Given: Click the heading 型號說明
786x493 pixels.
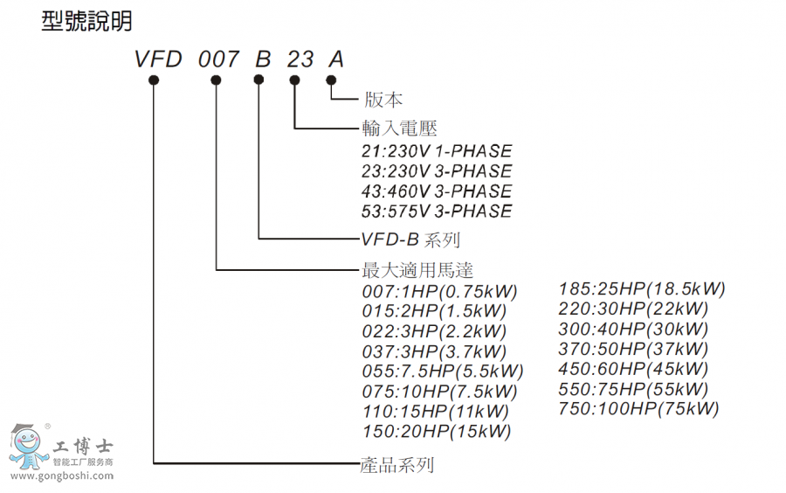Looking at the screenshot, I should coord(86,22).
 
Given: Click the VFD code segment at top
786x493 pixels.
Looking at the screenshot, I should coord(158,59).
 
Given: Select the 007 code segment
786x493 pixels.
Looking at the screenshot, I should coord(218,59).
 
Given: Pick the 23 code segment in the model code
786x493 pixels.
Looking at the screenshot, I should coord(300,59).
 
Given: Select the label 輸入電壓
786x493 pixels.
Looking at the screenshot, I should coord(399,128).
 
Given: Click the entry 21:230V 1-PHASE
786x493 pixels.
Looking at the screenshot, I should coord(437,151).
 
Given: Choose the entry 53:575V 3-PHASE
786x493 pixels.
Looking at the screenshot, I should coord(437,212).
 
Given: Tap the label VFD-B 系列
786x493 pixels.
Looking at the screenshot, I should coord(410,239).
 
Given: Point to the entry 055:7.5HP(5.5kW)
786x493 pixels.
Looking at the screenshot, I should coord(443,371).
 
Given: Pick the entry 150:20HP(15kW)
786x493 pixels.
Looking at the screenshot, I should coord(437,431).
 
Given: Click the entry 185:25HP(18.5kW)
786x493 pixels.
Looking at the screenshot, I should coord(642,288).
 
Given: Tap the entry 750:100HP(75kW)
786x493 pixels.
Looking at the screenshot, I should coord(638,408).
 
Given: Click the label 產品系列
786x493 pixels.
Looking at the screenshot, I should coord(397,464).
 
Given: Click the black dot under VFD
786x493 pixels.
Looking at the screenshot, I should coord(154,80).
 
